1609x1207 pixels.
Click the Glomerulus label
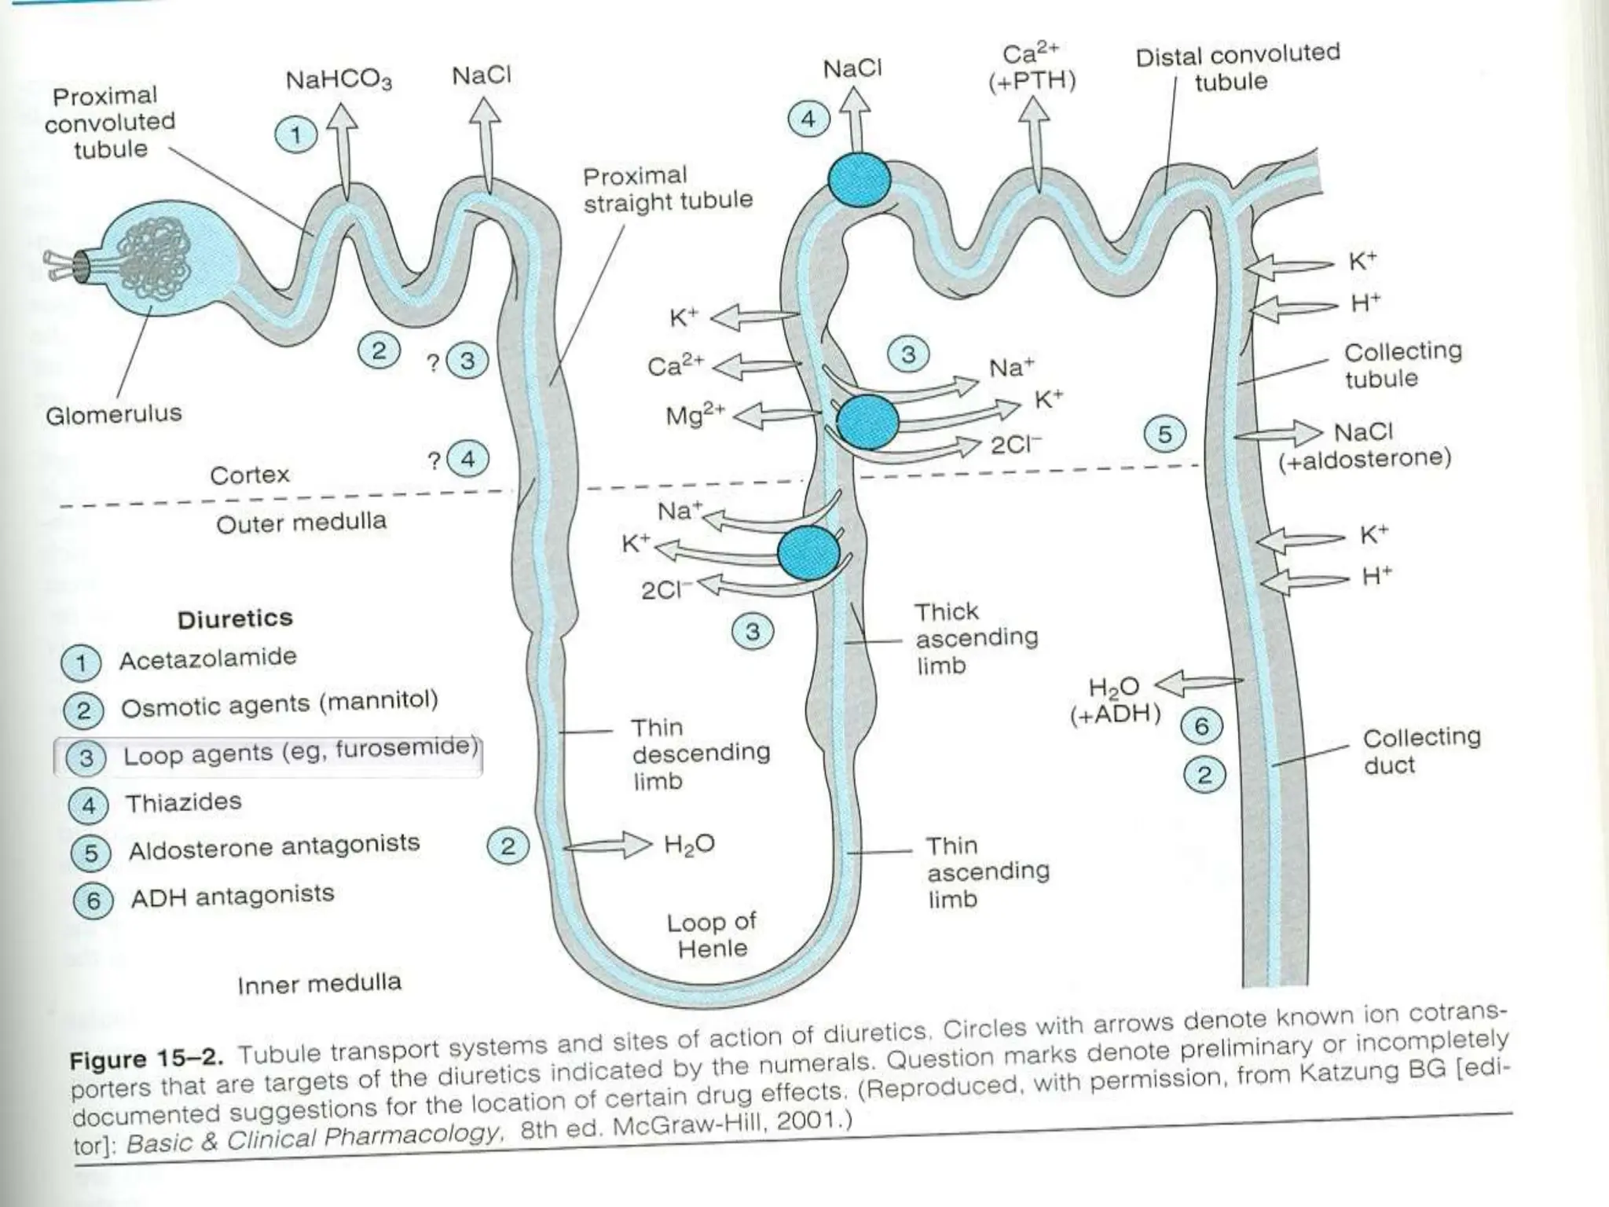point(113,414)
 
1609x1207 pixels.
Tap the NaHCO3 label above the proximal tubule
point(338,80)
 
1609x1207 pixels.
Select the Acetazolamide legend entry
point(207,659)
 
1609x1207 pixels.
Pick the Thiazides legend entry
point(183,802)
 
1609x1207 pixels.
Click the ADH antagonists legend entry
point(232,896)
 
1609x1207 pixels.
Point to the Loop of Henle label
point(711,935)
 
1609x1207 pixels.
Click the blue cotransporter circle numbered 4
point(859,180)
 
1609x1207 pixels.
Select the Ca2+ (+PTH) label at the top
point(1032,68)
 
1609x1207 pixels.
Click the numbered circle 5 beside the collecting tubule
point(1164,435)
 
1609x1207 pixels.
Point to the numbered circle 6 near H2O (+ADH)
point(1201,726)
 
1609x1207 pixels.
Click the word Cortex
point(250,475)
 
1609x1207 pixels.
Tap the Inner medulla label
point(319,984)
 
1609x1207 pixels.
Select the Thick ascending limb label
point(976,638)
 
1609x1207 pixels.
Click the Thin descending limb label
point(699,754)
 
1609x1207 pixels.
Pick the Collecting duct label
point(1420,751)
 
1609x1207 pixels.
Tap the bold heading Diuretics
point(235,619)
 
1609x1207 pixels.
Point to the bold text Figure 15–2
point(146,1058)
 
